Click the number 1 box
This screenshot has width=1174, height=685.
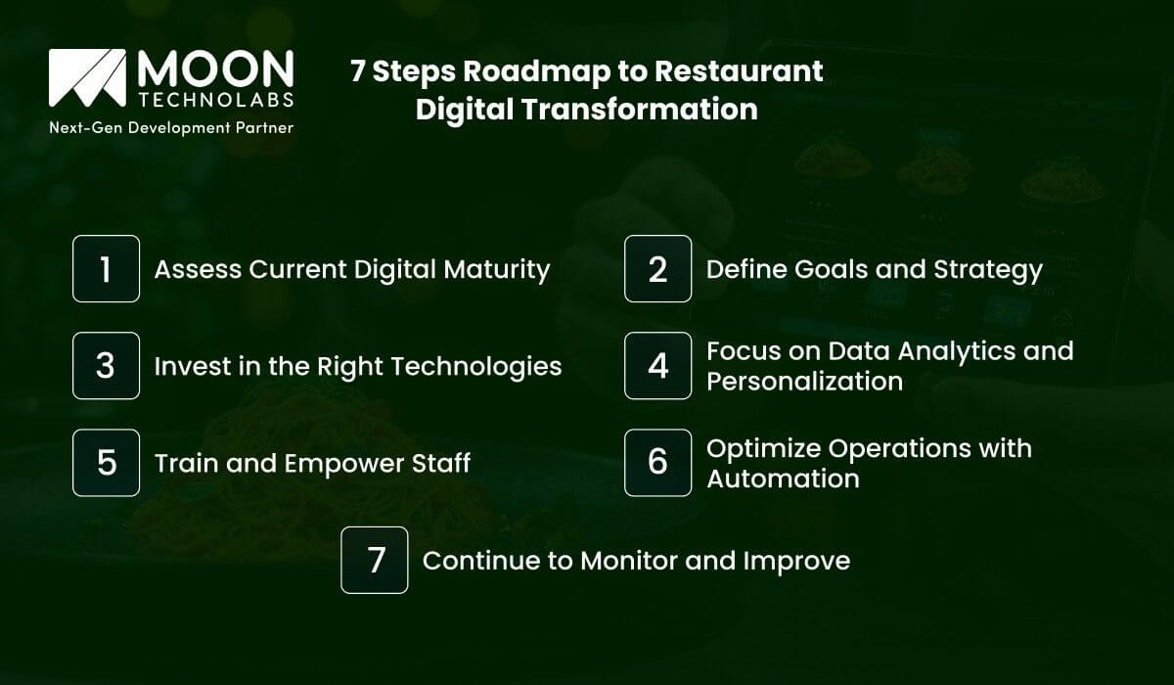(106, 269)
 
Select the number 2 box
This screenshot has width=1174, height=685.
(657, 269)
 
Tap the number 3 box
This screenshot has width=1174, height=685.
(106, 366)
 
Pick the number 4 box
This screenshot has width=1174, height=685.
(657, 366)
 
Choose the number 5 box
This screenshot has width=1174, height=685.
(106, 462)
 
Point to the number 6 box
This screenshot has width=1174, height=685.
(657, 462)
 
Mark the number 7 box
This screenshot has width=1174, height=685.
(374, 560)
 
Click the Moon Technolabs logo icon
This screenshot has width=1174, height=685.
(87, 78)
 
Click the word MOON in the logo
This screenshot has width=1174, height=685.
(215, 68)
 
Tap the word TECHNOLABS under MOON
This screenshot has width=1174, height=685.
(215, 102)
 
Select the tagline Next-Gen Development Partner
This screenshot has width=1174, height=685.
(171, 128)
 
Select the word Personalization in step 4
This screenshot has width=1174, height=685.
(804, 381)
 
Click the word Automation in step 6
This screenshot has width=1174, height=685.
(783, 478)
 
